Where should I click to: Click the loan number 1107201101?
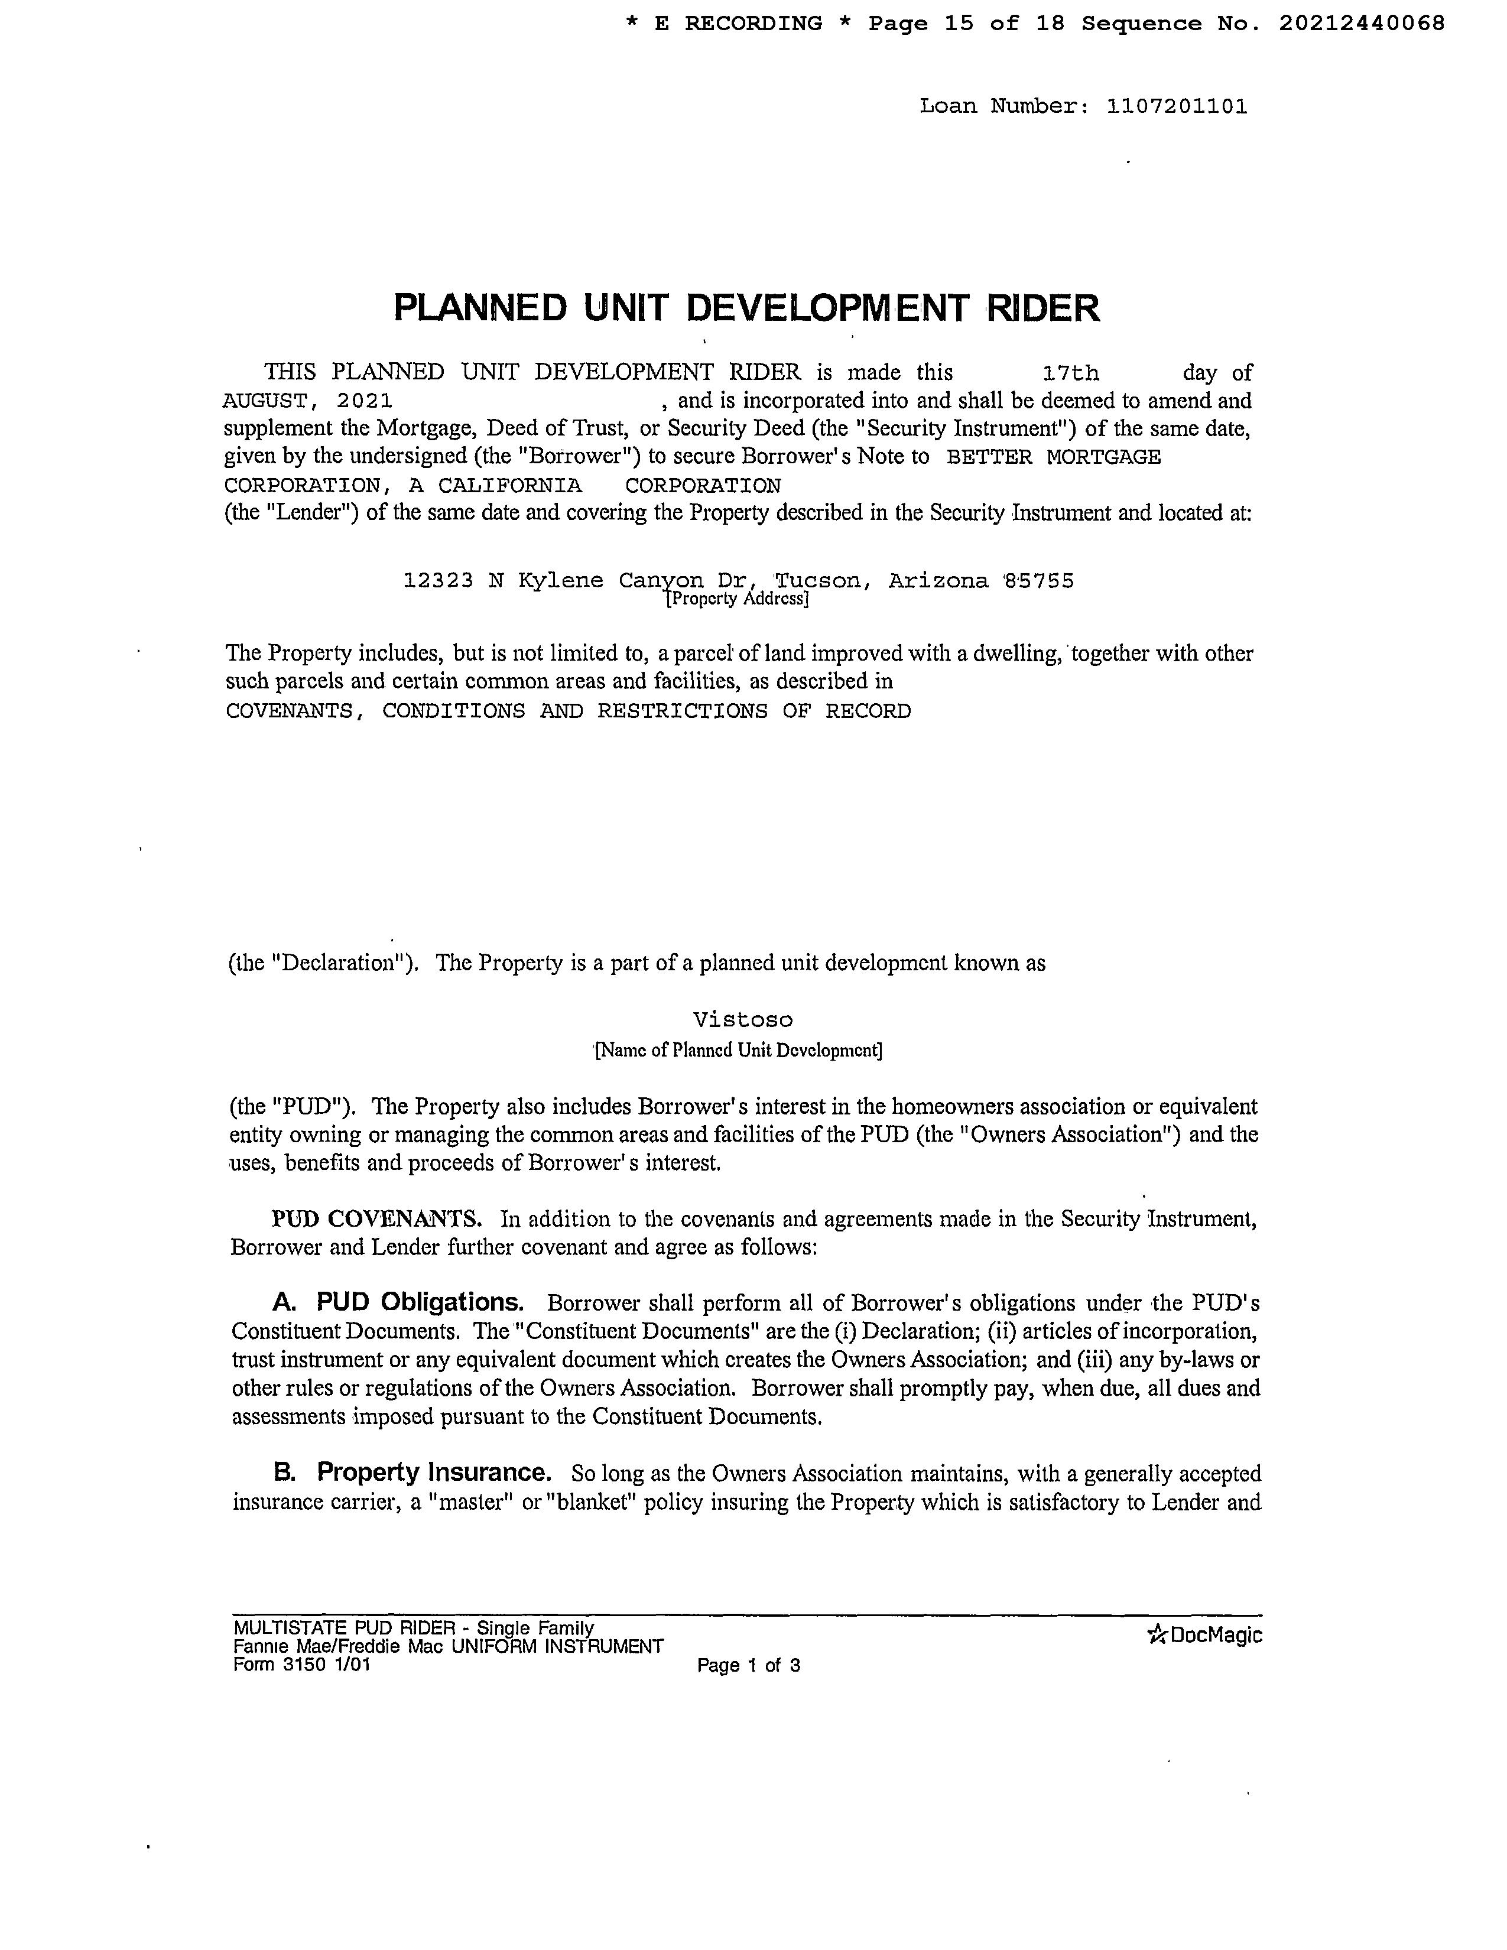tap(1176, 107)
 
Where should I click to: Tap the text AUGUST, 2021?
tap(307, 401)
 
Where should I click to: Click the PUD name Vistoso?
tap(743, 1020)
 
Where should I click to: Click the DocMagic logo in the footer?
tap(1204, 1635)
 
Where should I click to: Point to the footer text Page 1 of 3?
tap(748, 1665)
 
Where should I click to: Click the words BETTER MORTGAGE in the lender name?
tap(1054, 457)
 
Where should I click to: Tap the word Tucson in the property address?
tap(820, 581)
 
